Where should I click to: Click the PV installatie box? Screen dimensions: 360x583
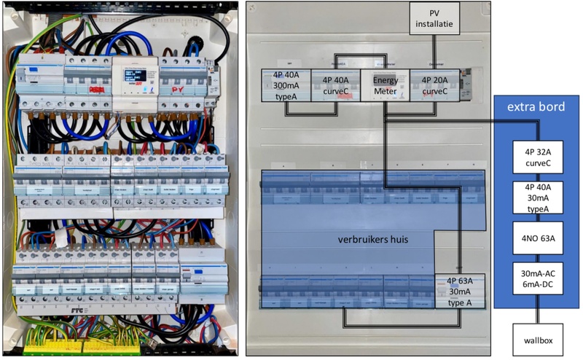click(x=434, y=17)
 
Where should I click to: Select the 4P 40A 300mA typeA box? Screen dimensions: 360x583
click(x=286, y=86)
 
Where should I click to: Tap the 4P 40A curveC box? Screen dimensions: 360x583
click(x=336, y=86)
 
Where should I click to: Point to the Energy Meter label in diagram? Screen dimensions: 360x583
click(x=386, y=86)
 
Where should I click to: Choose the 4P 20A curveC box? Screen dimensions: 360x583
click(x=435, y=86)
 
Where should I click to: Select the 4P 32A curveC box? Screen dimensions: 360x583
click(x=538, y=157)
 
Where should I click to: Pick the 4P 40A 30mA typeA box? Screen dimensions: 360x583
click(x=538, y=197)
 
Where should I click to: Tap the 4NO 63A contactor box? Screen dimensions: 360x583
click(x=538, y=237)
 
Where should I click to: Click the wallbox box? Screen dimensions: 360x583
click(x=538, y=340)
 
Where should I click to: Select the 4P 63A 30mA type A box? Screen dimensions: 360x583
click(x=459, y=291)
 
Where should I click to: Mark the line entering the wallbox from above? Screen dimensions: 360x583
click(x=538, y=316)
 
